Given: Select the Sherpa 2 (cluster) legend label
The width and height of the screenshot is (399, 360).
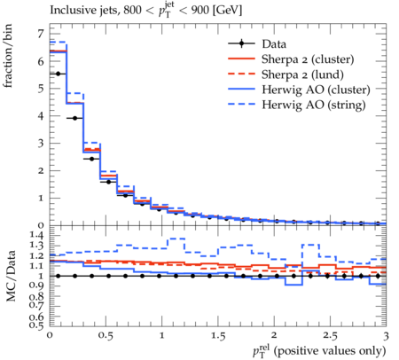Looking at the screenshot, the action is tap(308, 59).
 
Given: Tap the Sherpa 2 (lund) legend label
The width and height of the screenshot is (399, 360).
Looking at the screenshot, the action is tap(302, 74).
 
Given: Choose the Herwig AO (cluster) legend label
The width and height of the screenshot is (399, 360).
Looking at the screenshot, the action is tap(316, 90).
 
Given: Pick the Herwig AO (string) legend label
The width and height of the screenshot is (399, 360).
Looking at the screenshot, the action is tap(314, 105).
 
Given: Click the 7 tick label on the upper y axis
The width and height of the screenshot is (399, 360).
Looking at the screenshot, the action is tap(41, 34).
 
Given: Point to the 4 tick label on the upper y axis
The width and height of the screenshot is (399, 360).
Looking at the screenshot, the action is tap(41, 116).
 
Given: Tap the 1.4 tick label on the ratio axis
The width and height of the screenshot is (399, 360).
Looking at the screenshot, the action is tap(36, 236).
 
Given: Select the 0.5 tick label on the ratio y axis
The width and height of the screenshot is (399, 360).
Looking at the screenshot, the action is tap(36, 325).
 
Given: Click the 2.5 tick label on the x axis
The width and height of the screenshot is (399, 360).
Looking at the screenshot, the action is tap(330, 336).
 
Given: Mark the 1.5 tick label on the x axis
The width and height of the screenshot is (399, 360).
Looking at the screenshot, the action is tap(218, 336).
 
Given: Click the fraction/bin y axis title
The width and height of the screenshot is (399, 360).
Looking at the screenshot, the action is tap(8, 56).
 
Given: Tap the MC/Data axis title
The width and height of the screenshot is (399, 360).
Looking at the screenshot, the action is tap(11, 276).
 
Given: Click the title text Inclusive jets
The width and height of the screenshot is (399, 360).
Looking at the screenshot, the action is tap(84, 11).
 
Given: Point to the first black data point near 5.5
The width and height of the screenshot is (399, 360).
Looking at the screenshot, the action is tap(58, 74).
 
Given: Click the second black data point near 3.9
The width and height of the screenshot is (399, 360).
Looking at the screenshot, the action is tap(74, 118).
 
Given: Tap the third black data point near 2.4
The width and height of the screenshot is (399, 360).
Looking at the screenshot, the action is tap(91, 159).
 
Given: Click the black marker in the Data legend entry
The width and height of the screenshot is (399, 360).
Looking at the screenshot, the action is tap(241, 43).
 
